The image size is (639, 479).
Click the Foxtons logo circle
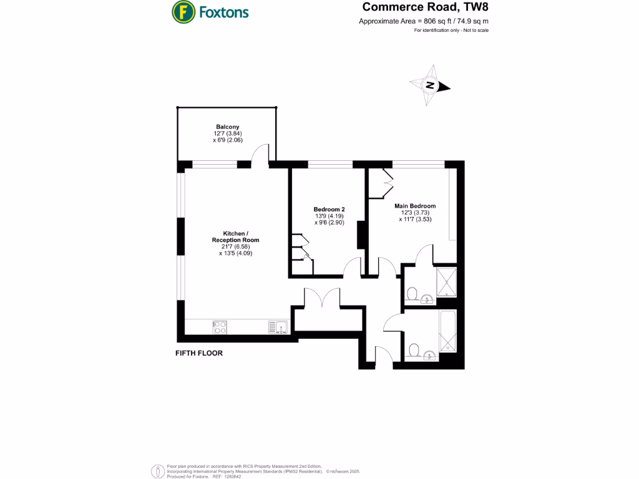pyautogui.click(x=182, y=11)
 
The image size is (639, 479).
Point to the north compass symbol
pyautogui.click(x=430, y=86)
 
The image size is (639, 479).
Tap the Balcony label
pyautogui.click(x=228, y=127)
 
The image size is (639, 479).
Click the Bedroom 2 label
pyautogui.click(x=329, y=209)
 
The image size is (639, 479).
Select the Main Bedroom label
pyautogui.click(x=415, y=206)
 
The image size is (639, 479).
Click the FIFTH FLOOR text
pyautogui.click(x=199, y=353)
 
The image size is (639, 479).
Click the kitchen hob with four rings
pyautogui.click(x=220, y=326)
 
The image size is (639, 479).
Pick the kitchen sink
pyautogui.click(x=277, y=326)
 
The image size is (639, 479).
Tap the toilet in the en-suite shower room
pyautogui.click(x=412, y=293)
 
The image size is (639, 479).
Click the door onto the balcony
pyautogui.click(x=261, y=156)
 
